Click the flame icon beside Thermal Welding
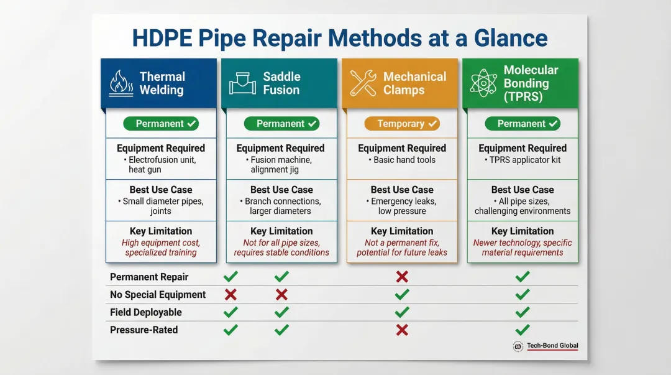coord(121,83)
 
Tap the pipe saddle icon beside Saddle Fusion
coord(242,83)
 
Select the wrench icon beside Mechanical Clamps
coord(363,83)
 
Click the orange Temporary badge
coord(401,124)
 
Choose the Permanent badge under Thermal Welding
coord(160,124)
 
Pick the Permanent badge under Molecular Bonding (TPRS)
coord(522,124)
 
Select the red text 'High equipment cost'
coord(160,243)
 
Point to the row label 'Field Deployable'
coord(145,312)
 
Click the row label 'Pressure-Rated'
coord(144,330)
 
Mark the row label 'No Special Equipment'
coord(158,295)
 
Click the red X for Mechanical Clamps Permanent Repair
coord(402,277)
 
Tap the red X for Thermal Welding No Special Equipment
coord(231,294)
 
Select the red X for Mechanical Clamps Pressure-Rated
coord(402,330)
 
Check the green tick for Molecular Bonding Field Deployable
coord(523,312)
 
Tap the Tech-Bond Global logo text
coord(552,346)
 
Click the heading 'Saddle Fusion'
coord(281,83)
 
